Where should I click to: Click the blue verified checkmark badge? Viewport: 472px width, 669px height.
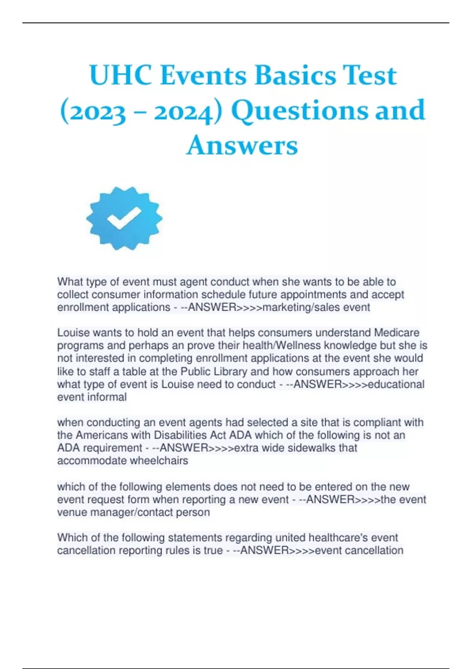click(x=124, y=218)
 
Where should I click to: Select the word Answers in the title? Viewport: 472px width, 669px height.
click(x=242, y=145)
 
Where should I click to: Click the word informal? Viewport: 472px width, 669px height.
click(x=107, y=397)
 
